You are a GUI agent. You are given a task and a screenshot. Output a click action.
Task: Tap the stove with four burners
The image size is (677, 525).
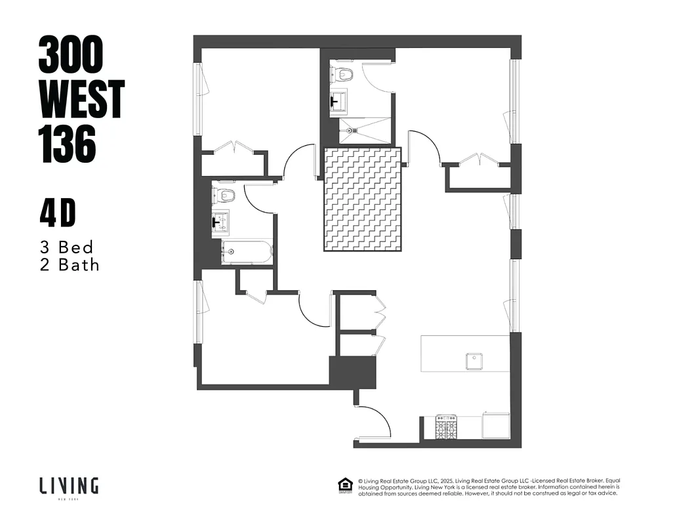coord(447,428)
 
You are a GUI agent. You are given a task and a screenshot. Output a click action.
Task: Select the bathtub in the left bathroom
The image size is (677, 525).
coord(246,252)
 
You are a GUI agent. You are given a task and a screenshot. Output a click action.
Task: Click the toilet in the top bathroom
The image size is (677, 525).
coord(342,73)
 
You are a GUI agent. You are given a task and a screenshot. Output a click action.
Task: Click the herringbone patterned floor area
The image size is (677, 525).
coord(362,199)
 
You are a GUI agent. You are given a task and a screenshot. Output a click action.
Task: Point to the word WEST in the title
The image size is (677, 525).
coord(81,100)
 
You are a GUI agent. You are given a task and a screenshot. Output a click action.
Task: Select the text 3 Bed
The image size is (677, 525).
coord(66,247)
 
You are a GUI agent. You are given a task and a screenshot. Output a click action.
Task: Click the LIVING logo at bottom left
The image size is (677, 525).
coord(69,487)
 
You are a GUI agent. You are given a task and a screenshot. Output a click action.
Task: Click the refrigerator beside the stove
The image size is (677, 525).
coord(496,425)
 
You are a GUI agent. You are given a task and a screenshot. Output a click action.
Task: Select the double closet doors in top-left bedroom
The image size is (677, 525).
coord(234,148)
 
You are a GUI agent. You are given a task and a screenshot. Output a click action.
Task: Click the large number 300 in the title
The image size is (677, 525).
coord(71,54)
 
